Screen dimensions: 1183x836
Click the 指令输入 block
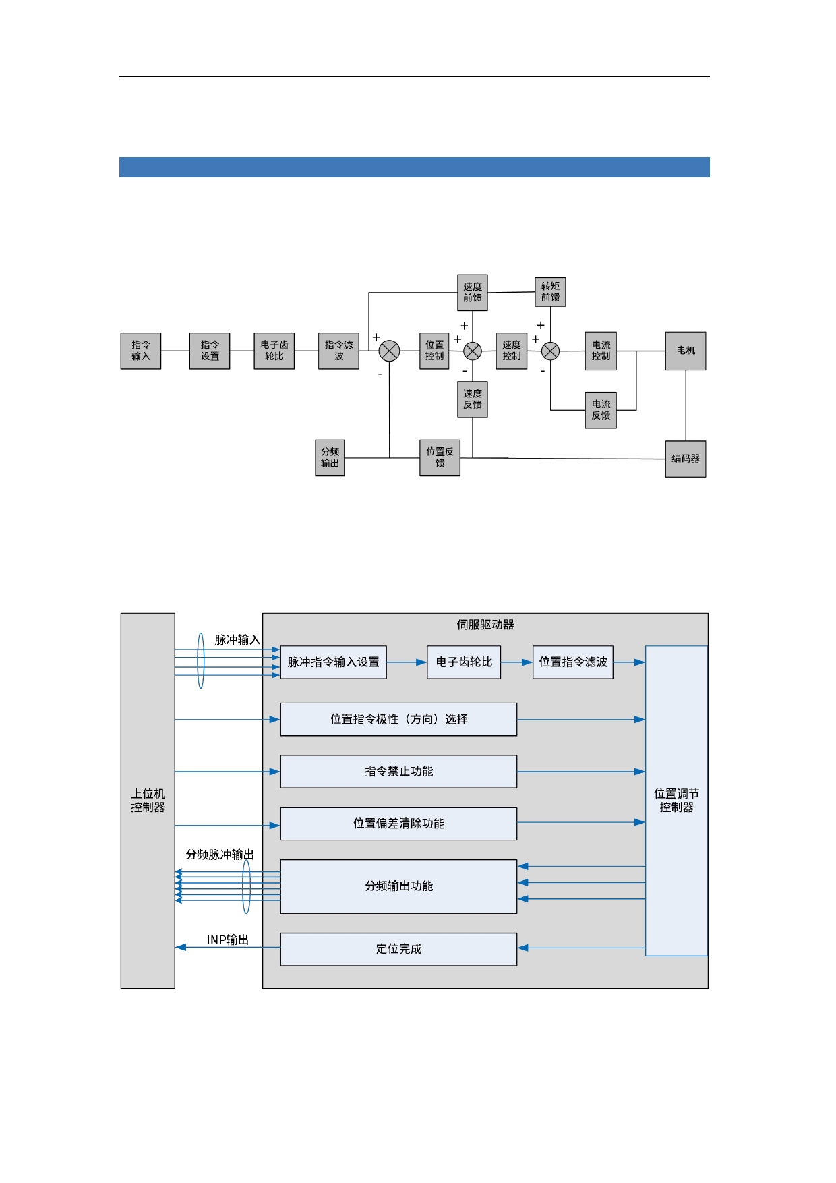click(x=141, y=351)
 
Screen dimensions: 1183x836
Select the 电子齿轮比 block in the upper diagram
click(x=274, y=351)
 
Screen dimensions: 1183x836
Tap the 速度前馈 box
click(x=473, y=292)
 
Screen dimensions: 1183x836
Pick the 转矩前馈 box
click(x=550, y=292)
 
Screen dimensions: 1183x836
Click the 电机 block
click(x=686, y=351)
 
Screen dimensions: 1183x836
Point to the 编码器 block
click(x=686, y=459)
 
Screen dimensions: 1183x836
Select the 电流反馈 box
click(x=601, y=410)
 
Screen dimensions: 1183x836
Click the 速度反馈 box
click(x=473, y=399)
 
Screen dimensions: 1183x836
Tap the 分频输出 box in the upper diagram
click(x=330, y=458)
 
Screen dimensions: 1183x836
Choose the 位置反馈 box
click(x=440, y=458)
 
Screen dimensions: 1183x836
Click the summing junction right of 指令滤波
click(x=390, y=351)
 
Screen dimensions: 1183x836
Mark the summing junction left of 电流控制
click(x=551, y=351)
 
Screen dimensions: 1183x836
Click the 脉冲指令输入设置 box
click(x=333, y=662)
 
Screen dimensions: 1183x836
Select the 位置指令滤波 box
click(x=573, y=662)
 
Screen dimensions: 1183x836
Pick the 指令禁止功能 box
click(x=398, y=772)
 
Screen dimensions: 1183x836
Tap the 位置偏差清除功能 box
click(x=398, y=824)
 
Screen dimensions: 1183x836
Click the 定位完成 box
click(x=398, y=949)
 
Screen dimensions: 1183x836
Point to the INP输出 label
click(x=228, y=940)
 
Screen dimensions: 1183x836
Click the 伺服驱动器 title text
click(x=485, y=625)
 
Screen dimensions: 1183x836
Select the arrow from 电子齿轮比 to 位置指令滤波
click(x=517, y=662)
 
